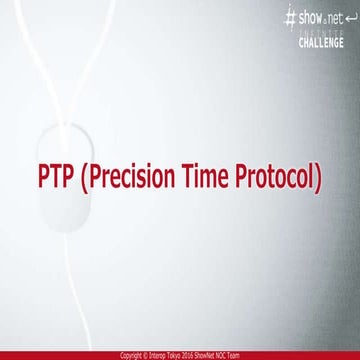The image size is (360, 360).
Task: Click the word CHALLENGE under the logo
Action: coord(322,42)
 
